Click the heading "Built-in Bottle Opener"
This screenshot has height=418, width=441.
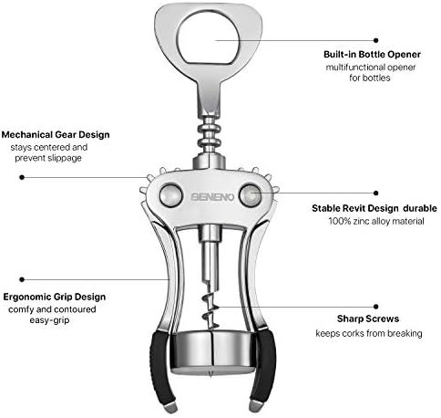[372, 55]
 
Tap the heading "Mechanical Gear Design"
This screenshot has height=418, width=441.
[56, 135]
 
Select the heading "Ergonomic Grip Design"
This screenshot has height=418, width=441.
[55, 297]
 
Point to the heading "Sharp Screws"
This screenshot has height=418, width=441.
[368, 319]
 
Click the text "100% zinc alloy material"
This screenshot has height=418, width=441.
[376, 221]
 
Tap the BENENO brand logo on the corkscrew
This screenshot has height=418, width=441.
[212, 197]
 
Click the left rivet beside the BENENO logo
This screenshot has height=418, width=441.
[170, 195]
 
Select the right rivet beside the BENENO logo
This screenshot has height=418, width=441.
[251, 195]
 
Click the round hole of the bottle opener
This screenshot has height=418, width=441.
[209, 37]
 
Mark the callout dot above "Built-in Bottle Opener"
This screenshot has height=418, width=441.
[376, 40]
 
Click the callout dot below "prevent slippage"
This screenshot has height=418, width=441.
[22, 177]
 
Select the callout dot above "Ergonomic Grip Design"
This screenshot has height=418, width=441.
[22, 279]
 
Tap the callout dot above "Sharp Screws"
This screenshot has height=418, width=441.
[376, 307]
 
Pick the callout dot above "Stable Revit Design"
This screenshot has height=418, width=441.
[376, 193]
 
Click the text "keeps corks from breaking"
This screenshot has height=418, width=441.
[369, 333]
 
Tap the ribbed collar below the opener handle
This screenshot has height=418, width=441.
[209, 134]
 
